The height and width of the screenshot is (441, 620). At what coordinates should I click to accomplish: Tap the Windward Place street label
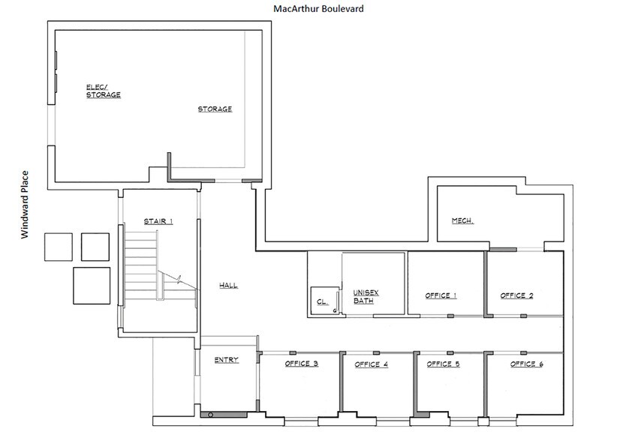coord(24,204)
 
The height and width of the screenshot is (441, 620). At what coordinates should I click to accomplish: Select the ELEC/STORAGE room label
coord(103,91)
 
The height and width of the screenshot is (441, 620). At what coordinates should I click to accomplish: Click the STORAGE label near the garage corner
coord(215,109)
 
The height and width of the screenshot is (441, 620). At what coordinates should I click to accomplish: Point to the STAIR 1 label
coord(158,221)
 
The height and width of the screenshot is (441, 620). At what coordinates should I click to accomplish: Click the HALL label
coord(228,286)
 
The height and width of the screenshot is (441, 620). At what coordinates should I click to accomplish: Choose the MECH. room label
coord(462,220)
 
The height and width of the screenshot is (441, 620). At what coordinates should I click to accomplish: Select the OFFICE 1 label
coord(441,295)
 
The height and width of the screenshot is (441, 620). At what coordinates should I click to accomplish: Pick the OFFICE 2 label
coord(516,295)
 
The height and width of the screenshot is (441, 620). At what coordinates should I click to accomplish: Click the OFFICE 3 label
coord(302,364)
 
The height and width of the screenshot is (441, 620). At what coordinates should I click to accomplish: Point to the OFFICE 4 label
coord(371,364)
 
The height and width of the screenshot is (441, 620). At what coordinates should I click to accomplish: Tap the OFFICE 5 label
coord(443,364)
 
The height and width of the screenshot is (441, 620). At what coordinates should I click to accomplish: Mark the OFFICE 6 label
coord(527,364)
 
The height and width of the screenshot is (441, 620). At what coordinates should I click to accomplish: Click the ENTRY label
coord(226,361)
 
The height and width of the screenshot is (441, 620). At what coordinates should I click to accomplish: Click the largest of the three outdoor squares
coord(92,285)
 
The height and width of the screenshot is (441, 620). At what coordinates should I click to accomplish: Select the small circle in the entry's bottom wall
coord(212,415)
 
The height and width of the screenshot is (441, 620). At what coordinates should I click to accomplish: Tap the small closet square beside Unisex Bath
coord(323,301)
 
